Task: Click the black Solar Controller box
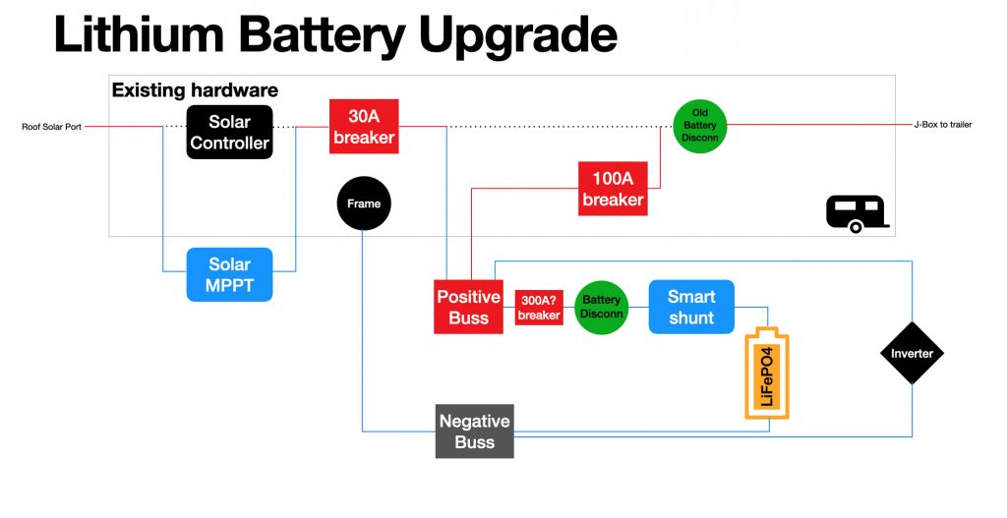pyautogui.click(x=229, y=133)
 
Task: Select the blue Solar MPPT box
pyautogui.click(x=229, y=274)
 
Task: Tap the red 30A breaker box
pyautogui.click(x=363, y=127)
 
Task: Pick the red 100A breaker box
pyautogui.click(x=613, y=189)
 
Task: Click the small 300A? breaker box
pyautogui.click(x=538, y=308)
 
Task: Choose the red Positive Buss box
pyautogui.click(x=469, y=307)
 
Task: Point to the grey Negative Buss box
pyautogui.click(x=474, y=431)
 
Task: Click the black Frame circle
pyautogui.click(x=364, y=204)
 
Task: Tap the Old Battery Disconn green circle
pyautogui.click(x=700, y=125)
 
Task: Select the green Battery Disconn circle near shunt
pyautogui.click(x=601, y=307)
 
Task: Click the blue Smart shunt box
pyautogui.click(x=691, y=307)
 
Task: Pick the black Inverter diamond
pyautogui.click(x=912, y=353)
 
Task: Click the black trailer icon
pyautogui.click(x=857, y=213)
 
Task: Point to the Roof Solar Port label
pyautogui.click(x=51, y=126)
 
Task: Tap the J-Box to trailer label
pyautogui.click(x=942, y=125)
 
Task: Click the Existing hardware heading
pyautogui.click(x=195, y=90)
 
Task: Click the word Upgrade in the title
pyautogui.click(x=518, y=35)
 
